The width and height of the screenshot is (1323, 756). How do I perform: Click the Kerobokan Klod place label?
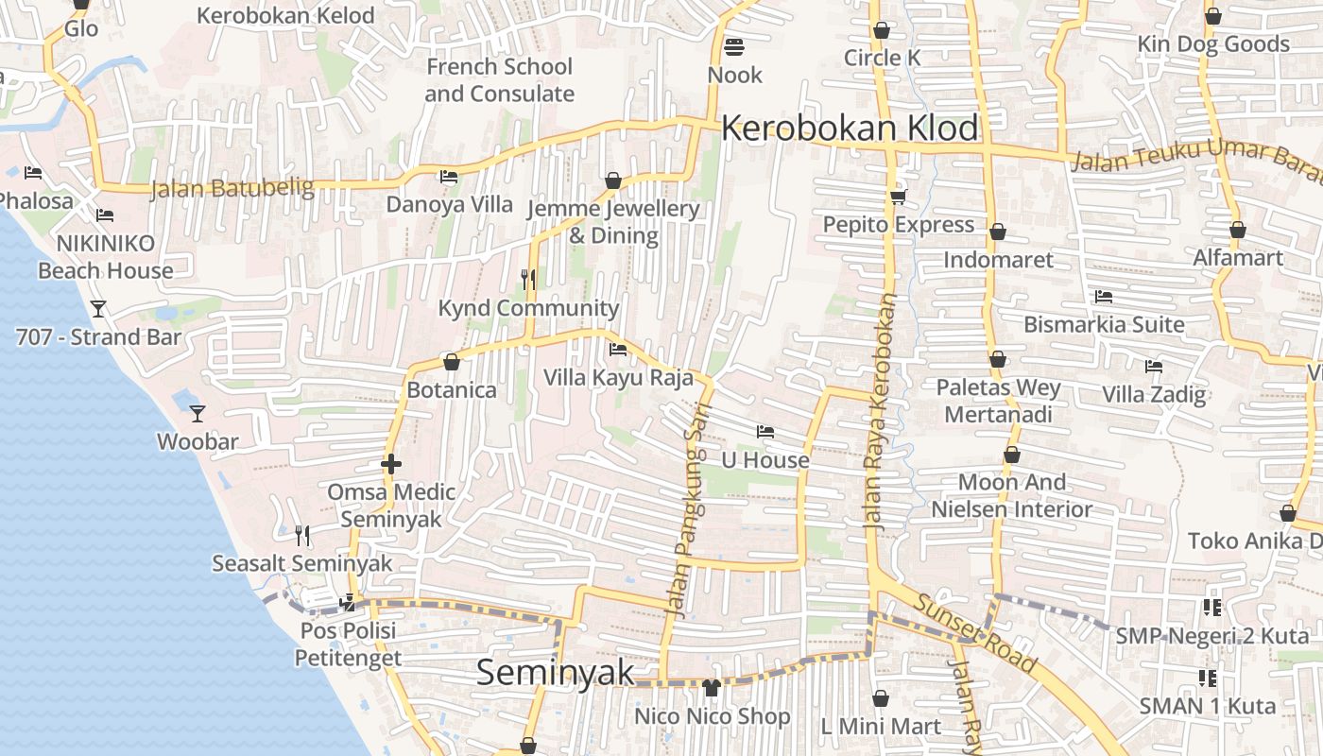(x=849, y=129)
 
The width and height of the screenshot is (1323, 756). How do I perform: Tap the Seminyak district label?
(x=555, y=672)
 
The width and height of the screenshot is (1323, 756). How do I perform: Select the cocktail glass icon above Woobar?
(x=197, y=413)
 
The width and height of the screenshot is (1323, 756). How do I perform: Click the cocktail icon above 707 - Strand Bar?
(x=97, y=308)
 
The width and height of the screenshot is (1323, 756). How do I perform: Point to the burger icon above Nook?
(x=733, y=46)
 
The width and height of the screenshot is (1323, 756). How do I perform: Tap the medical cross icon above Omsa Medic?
(x=390, y=464)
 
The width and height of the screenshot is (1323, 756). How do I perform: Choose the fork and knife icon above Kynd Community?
(x=528, y=279)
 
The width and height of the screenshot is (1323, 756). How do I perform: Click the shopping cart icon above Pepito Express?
(x=897, y=197)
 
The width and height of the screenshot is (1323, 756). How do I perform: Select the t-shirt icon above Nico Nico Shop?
(x=711, y=688)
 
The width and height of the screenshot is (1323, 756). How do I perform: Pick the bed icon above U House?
(x=765, y=432)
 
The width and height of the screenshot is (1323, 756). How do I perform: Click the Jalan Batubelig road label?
(x=232, y=187)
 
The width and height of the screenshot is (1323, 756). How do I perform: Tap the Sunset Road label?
(x=975, y=627)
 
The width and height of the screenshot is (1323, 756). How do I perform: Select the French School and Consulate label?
(x=499, y=80)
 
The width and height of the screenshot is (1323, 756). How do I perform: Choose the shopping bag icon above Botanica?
(x=452, y=362)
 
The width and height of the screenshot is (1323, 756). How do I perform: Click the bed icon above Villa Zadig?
(x=1153, y=366)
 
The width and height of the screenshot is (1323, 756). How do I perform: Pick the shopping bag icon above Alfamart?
(x=1238, y=230)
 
